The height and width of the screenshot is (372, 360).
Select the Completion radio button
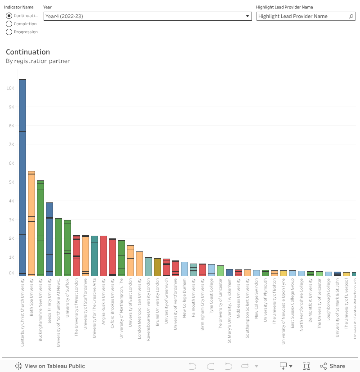click(9, 24)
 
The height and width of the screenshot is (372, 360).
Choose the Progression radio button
click(9, 32)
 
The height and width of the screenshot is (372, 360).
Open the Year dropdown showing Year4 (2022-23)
click(148, 16)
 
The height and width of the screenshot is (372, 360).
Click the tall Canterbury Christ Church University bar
click(22, 180)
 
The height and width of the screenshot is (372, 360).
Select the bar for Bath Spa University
click(31, 225)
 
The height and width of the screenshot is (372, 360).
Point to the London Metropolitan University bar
click(139, 264)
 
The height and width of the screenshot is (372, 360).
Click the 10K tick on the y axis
click(10, 88)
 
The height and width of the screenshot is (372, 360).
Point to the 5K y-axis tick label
click(11, 182)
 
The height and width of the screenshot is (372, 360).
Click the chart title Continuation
click(28, 52)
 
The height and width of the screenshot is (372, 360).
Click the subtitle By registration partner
click(38, 61)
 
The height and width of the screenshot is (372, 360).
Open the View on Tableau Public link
click(50, 366)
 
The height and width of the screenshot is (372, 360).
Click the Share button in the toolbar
click(333, 366)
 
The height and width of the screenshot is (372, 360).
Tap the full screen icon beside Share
click(306, 366)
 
